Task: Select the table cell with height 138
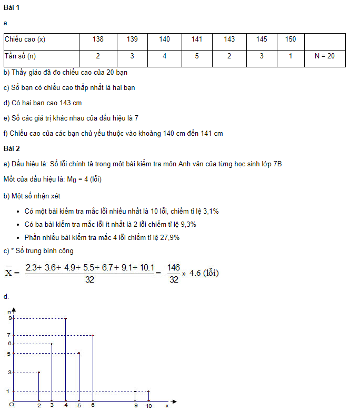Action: pos(98,39)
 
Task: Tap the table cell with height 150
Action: pos(290,39)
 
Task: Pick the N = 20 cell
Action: pos(324,56)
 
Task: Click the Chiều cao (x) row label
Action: pos(25,39)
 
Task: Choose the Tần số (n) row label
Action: pos(21,56)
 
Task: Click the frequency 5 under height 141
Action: pos(196,56)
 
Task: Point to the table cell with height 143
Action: pos(229,39)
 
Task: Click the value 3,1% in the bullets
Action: pos(208,212)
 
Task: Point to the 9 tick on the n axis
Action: pos(9,318)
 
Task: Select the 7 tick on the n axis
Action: pos(9,335)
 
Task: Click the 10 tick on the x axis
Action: pos(148,405)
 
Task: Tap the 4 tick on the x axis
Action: pos(65,405)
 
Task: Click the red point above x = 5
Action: pos(79,353)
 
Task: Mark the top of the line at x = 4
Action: pos(65,318)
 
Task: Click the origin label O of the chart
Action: pos(11,405)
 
